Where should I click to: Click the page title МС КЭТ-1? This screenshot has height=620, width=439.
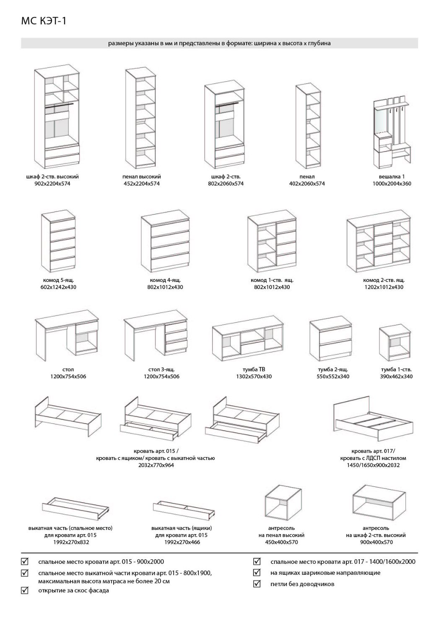tap(44, 21)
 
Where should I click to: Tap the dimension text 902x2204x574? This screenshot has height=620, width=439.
tap(52, 183)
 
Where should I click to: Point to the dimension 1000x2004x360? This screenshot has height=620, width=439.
tap(392, 183)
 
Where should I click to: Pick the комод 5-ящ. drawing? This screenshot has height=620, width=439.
tap(59, 242)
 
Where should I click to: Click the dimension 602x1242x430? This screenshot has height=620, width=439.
tap(59, 287)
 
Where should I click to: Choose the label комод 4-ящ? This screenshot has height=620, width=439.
tap(165, 280)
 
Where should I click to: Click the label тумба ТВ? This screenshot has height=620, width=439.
tap(254, 369)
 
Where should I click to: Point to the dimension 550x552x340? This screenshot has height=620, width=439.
tap(333, 376)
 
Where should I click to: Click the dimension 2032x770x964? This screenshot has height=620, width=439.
tap(156, 465)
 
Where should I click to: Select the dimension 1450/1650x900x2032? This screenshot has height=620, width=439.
tap(373, 465)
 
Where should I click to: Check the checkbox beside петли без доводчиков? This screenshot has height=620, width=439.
tap(257, 584)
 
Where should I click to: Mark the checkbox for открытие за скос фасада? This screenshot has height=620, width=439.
tap(24, 591)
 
